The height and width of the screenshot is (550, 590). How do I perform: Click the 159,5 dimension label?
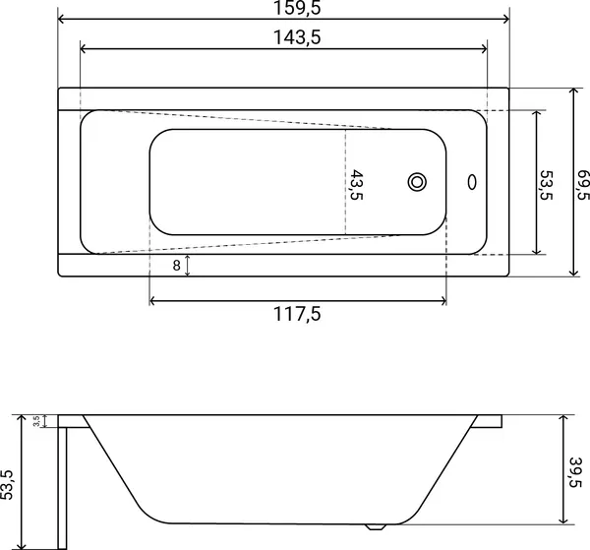297,8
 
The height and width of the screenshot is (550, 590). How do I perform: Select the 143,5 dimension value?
297,37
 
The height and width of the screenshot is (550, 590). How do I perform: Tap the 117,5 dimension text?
297,314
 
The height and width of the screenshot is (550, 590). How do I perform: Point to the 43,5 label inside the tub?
357,185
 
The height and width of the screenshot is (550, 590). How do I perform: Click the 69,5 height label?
583,185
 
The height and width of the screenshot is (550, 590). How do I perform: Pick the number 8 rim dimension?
176,266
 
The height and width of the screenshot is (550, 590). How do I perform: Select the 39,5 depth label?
575,472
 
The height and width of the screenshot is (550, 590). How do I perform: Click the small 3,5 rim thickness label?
36,421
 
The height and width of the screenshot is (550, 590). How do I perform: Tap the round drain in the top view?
417,182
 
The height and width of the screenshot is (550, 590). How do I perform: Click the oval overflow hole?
472,182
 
